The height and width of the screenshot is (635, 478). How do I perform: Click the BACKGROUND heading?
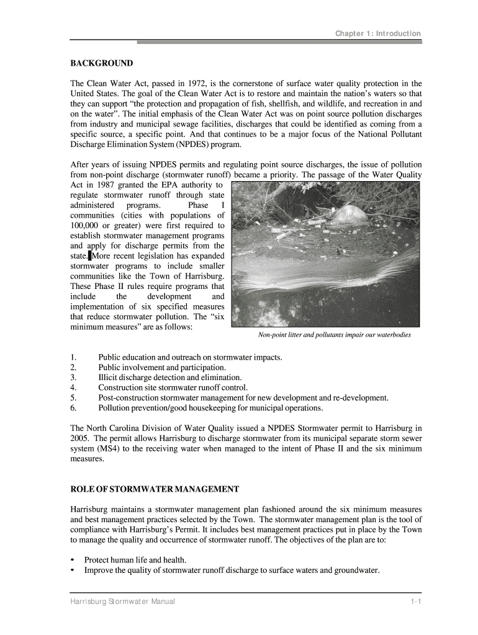[x=101, y=63]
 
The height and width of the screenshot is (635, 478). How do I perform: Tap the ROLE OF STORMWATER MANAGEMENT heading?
[x=154, y=489]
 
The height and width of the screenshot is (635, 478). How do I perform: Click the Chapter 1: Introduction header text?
[x=378, y=33]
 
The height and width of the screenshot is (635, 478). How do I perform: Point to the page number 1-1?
[x=415, y=602]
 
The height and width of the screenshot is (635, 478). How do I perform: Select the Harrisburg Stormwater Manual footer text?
[x=122, y=602]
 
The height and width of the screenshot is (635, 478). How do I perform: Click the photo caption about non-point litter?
[x=335, y=335]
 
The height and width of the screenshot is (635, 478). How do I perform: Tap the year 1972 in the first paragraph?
[x=197, y=84]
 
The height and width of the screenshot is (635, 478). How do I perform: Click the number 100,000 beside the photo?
[x=88, y=225]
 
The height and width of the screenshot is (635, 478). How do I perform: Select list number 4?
[x=73, y=388]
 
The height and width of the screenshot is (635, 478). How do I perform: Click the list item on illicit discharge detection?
[x=169, y=378]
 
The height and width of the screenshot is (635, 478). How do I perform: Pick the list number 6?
[x=73, y=408]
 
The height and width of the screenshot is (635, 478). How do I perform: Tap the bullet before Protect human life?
[x=73, y=559]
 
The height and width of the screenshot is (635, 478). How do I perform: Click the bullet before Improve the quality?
[x=73, y=570]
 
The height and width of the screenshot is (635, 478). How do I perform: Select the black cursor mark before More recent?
[x=89, y=255]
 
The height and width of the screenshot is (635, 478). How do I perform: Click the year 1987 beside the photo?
[x=107, y=185]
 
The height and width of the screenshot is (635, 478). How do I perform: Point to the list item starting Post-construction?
[x=243, y=398]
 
